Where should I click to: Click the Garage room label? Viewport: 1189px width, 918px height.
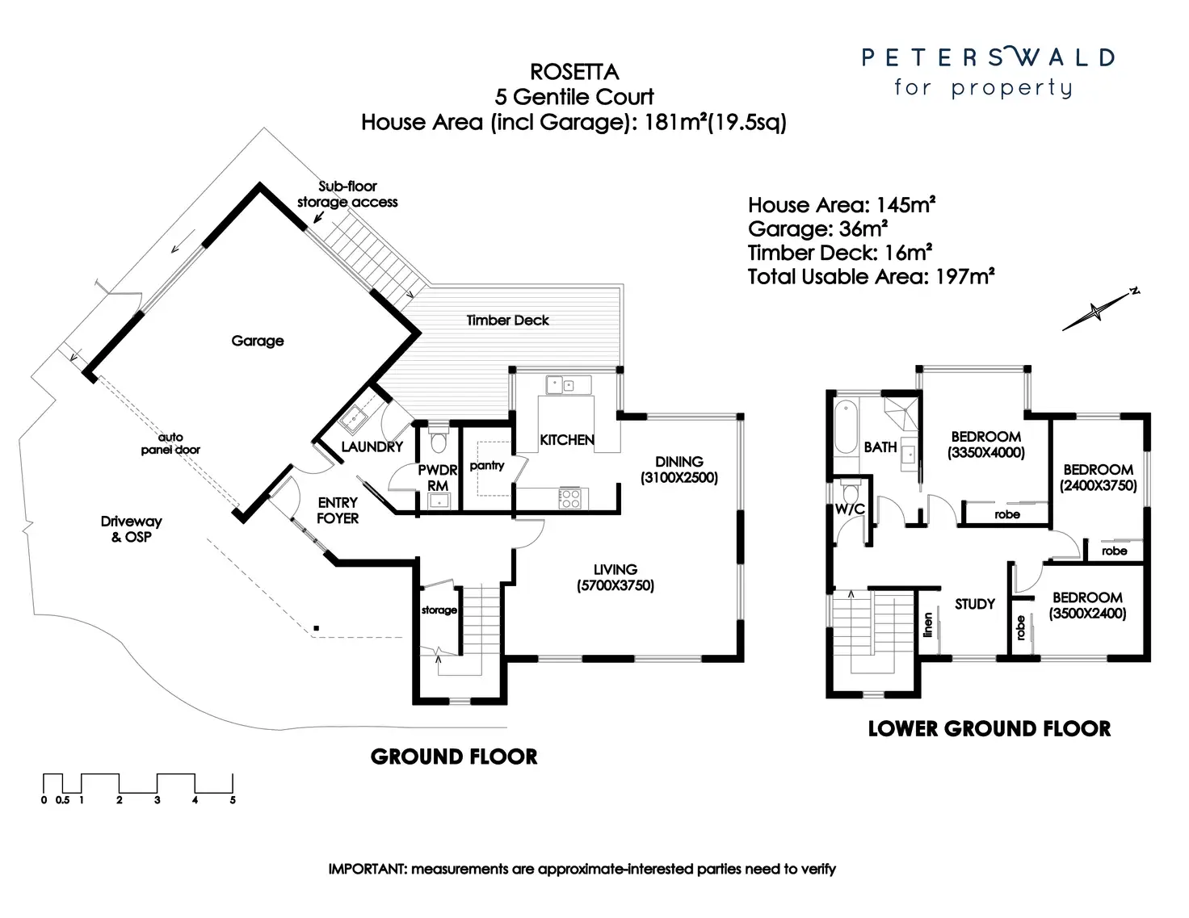(258, 341)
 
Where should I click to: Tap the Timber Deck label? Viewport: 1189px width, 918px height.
(507, 320)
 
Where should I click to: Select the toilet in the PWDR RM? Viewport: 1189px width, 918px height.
(439, 442)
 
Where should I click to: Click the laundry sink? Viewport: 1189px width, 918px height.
(354, 418)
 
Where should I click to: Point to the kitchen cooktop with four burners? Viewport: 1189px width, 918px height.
(569, 497)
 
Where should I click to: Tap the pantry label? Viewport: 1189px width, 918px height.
(487, 465)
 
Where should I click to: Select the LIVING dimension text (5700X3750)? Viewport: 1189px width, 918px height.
(616, 585)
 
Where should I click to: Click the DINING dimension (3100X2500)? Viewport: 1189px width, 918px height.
(679, 477)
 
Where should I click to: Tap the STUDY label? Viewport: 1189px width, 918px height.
(975, 604)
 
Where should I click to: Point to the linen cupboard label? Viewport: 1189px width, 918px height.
(928, 623)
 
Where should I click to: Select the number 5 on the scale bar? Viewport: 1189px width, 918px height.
(233, 800)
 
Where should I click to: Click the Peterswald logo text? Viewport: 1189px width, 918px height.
(988, 57)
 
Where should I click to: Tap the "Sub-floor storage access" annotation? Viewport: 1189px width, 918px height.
(347, 195)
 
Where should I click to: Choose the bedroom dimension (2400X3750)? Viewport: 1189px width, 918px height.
(1099, 485)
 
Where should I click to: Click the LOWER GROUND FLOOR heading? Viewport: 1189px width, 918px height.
(989, 729)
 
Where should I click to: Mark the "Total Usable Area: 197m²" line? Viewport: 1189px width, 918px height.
(871, 277)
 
